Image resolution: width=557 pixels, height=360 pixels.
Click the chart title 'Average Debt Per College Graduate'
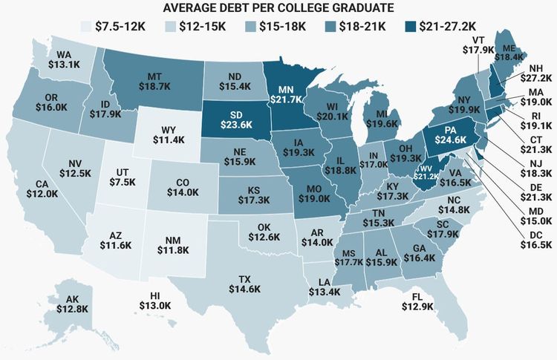tap(278, 8)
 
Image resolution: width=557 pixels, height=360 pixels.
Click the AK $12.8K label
tap(71, 304)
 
